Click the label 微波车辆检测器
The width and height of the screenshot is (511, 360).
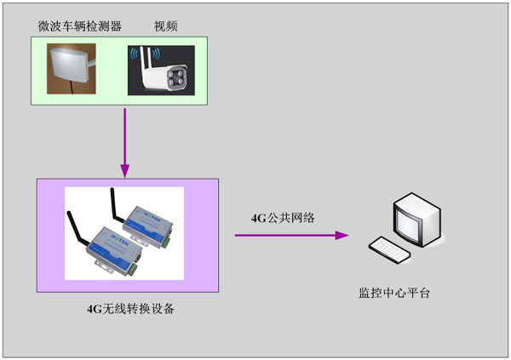pos(79,26)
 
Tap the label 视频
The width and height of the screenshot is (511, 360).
pos(165,26)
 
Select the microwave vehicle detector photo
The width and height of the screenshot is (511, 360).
pos(72,69)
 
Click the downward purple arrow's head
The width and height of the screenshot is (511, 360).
pos(125,171)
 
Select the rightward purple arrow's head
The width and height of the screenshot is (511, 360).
pos(342,235)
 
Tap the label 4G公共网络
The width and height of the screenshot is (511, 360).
pos(283,218)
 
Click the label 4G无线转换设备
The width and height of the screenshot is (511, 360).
pos(130,308)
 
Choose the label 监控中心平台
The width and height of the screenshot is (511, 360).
pos(394,293)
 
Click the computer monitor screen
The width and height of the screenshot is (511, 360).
pos(407,222)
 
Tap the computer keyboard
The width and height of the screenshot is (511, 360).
pos(390,249)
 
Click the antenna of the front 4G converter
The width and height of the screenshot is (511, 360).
pos(77,229)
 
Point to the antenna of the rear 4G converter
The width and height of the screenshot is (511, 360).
pos(117,204)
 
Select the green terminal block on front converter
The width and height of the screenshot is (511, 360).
pos(132,270)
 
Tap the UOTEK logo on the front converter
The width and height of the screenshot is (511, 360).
pos(118,237)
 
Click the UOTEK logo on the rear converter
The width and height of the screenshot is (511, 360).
pos(152,213)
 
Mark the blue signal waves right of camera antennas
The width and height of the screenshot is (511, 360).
pos(156,54)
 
